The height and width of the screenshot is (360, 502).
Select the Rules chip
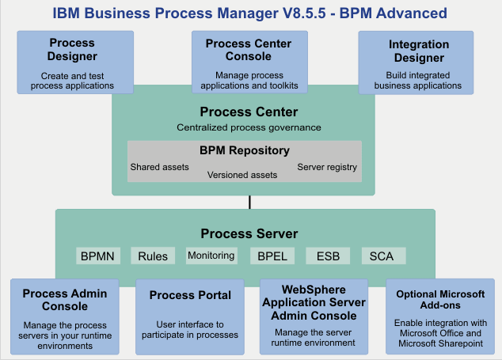[153, 256]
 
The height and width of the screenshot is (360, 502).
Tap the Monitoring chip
[211, 256]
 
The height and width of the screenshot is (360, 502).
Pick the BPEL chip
[272, 256]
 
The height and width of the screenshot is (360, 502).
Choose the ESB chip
[328, 256]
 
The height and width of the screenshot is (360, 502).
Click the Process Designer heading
[73, 49]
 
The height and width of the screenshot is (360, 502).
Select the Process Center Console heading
[248, 49]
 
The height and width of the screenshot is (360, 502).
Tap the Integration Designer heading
[419, 51]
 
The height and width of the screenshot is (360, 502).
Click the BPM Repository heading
[244, 150]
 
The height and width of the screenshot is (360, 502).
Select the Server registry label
[327, 167]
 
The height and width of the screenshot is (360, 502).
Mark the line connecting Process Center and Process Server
[249, 202]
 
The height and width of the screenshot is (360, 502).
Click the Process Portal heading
[190, 295]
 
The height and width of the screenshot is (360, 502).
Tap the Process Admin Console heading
[65, 300]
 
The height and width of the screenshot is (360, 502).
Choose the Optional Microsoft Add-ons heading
[439, 299]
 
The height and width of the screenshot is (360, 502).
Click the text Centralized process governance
[249, 127]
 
